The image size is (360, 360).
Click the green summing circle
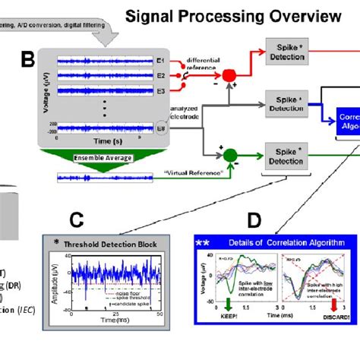coord(229,157)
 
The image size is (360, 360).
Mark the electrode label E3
coord(160,89)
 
